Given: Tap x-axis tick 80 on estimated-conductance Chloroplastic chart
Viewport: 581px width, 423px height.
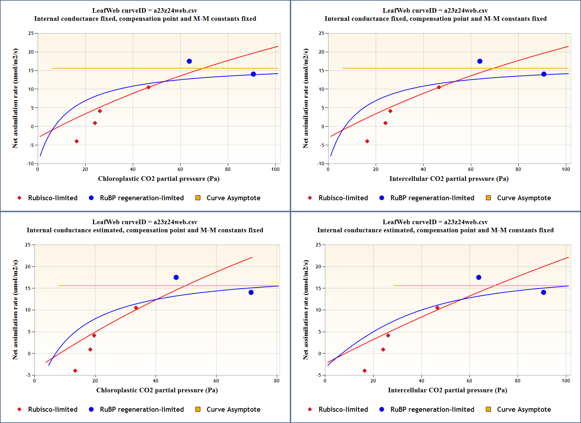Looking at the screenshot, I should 277,381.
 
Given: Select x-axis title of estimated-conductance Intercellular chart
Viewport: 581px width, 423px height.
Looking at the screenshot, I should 447,390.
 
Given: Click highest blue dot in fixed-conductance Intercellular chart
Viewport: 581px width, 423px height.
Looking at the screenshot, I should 480,61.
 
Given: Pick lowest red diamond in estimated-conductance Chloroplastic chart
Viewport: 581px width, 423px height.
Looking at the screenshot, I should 75,371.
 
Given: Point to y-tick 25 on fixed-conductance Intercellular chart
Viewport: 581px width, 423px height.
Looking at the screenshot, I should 321,33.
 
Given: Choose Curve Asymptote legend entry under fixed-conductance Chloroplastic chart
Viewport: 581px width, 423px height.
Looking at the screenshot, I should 233,198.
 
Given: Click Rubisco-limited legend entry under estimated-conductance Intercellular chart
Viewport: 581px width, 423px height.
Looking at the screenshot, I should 343,410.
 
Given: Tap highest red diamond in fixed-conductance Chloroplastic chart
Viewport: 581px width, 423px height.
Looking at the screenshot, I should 149,87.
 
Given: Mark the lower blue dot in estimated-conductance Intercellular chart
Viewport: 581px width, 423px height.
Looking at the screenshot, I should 543,293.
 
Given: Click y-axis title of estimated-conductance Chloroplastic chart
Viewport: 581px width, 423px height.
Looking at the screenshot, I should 15,309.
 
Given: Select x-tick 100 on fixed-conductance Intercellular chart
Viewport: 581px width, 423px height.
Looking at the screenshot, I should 566,169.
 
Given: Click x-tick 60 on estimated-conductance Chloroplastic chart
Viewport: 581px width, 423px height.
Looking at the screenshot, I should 216,381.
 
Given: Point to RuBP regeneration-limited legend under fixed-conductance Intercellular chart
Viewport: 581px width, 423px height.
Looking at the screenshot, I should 432,198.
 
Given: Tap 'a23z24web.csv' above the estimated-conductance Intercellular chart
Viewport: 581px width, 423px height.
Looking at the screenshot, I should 466,222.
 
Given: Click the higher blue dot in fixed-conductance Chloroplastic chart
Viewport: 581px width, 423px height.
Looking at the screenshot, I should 189,61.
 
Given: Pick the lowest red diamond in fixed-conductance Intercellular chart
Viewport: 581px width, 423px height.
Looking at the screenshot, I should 367,141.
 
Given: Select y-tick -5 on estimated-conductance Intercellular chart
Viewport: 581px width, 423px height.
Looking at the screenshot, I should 318,375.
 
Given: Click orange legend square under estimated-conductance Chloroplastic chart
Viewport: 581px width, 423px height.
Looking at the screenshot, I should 198,409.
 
